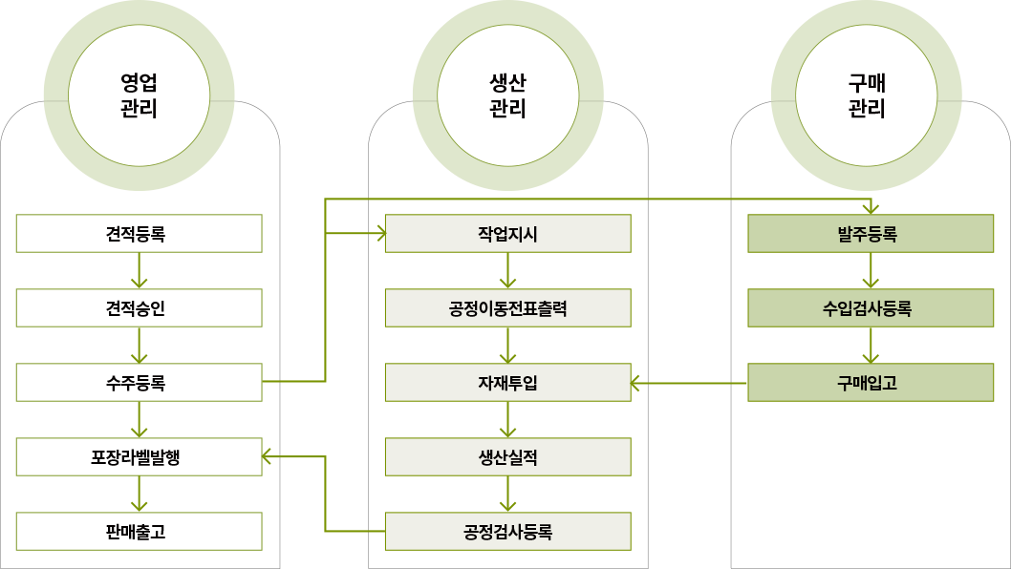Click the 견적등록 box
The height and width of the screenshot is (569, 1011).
139,233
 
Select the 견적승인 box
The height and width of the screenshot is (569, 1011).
139,307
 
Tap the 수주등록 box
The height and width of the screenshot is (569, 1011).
139,382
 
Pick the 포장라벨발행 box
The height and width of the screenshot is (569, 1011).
139,456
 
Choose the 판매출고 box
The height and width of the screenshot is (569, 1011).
139,531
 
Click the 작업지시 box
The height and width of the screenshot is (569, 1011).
507,233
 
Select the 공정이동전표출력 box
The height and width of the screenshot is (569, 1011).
507,307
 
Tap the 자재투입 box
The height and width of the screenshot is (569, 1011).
507,382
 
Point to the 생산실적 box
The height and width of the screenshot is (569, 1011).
507,456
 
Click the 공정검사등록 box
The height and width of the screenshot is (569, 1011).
507,531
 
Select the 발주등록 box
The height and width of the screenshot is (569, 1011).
870,233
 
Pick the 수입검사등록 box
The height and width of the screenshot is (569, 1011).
870,307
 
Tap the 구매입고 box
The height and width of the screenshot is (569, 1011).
870,382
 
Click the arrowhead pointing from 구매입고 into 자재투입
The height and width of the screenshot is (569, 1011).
637,383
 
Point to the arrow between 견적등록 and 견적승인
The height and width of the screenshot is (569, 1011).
140,271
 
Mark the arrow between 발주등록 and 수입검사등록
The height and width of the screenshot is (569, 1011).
870,271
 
